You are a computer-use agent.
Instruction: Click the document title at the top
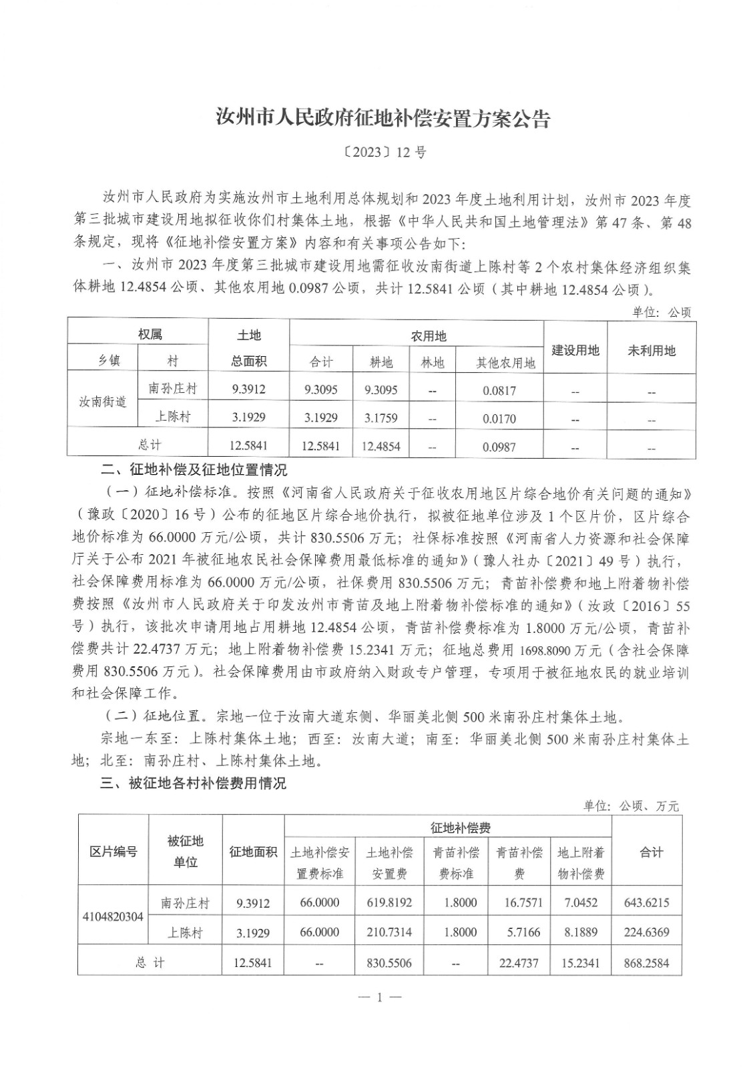click(383, 119)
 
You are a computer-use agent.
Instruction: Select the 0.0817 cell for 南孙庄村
click(499, 391)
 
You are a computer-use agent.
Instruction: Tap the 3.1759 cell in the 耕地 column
click(381, 418)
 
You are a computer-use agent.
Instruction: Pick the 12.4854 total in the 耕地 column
click(381, 446)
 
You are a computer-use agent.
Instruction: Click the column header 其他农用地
click(505, 363)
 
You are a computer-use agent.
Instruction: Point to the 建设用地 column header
click(575, 350)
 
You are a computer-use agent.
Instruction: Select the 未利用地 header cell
click(651, 350)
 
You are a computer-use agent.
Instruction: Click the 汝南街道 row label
click(103, 402)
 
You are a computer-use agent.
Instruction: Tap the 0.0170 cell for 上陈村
click(499, 419)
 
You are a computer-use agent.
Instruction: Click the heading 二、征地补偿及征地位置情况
click(194, 471)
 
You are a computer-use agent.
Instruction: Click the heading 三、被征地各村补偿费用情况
click(194, 782)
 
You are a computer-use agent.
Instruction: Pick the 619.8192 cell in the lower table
click(389, 903)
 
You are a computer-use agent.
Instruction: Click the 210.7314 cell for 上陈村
click(389, 932)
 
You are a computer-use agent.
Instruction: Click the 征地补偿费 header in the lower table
click(461, 828)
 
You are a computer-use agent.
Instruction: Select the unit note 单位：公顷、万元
click(631, 806)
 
